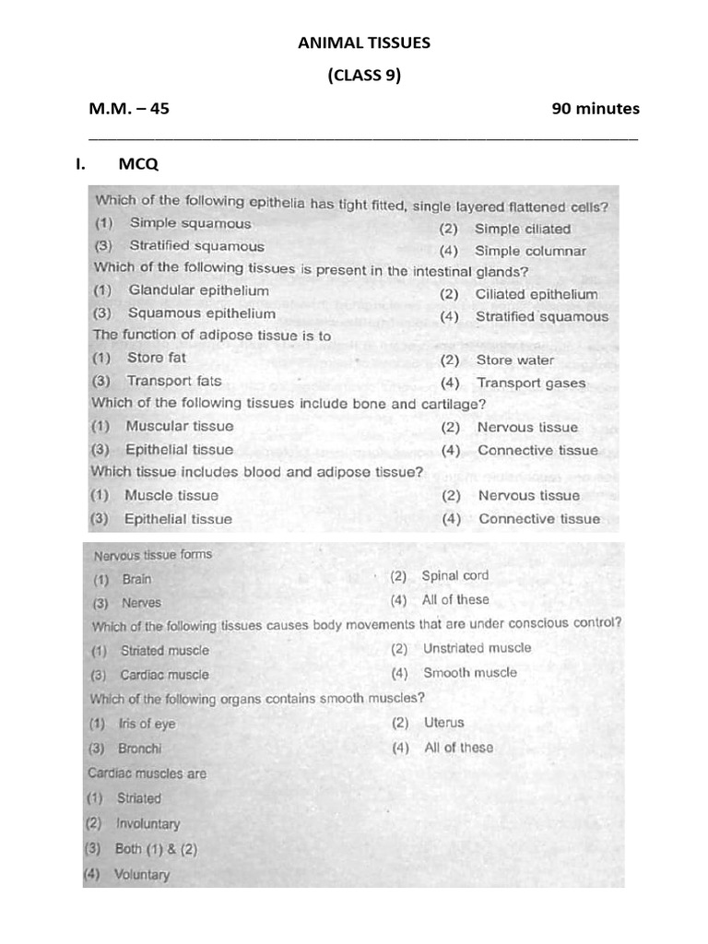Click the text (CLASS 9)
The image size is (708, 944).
pos(363,76)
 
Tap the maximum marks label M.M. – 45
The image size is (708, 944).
pos(129,109)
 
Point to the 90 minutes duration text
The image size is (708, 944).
pos(595,109)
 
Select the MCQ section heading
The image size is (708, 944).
pos(138,165)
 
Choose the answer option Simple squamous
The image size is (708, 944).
pos(190,223)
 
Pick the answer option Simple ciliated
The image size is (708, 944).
pos(522,229)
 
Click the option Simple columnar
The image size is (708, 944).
pos(530,251)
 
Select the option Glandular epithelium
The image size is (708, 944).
pos(198,290)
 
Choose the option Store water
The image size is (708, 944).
pos(515,360)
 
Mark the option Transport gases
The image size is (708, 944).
pos(530,383)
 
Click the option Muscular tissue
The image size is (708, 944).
pos(179,427)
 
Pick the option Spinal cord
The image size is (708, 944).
pos(454,576)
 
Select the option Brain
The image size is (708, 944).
pos(136,580)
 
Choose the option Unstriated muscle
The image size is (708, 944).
pos(477,648)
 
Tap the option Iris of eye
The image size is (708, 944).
pos(146,725)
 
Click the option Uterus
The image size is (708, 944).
pos(443,724)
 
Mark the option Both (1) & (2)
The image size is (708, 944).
pos(156,849)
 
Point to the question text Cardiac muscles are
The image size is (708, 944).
pos(147,774)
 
